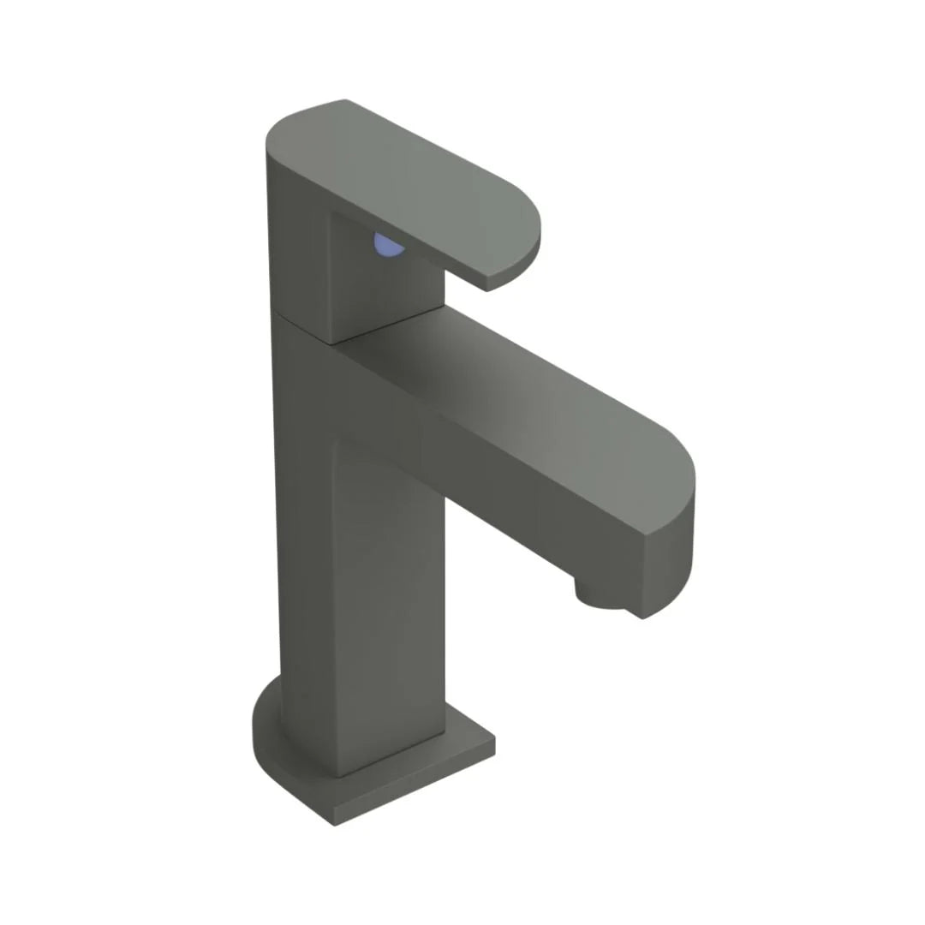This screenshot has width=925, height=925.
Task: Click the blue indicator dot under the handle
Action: coord(388,247)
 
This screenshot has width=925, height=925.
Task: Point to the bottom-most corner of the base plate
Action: coord(335,824)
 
